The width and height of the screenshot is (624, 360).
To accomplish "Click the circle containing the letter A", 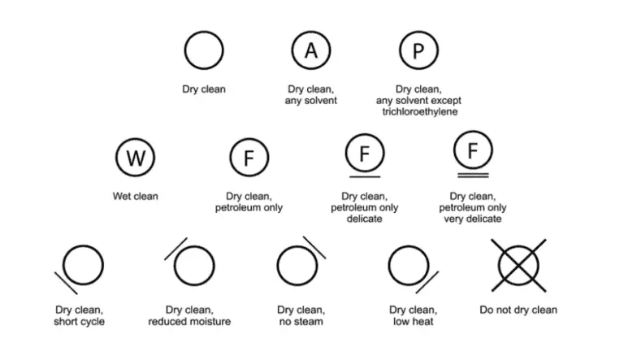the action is point(292,50).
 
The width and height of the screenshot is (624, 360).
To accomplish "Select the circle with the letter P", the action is point(400,50).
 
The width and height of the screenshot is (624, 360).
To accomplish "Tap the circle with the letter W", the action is point(116,158).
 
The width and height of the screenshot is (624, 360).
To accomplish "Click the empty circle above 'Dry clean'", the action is point(184,50).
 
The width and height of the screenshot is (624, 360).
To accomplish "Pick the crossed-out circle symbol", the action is point(518,265).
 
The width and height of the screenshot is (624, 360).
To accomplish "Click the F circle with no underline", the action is point(230,158).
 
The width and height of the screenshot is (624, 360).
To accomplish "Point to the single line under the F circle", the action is point(365,176).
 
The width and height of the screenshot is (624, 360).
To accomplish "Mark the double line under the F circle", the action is point(473,176).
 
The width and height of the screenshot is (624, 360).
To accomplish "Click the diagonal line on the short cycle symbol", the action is point(66,283).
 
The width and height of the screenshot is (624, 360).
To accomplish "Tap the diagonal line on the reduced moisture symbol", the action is point(175,249).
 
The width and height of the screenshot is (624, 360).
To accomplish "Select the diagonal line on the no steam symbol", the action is point(314,248).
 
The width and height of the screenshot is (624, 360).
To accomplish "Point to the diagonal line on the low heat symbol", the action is point(427,282).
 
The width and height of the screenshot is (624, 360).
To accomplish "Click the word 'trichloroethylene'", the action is point(420,111).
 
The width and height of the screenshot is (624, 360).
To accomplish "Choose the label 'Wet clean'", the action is point(136,197).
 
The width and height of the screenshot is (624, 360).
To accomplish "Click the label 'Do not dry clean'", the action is point(518,310).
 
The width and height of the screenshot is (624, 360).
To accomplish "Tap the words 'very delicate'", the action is point(473,219).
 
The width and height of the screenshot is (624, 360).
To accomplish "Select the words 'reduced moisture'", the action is point(189,321).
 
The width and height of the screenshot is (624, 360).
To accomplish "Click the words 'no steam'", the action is point(301,321).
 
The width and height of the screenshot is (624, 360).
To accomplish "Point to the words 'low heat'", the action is point(413,321).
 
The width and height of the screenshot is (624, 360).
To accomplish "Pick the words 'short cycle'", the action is point(79,321).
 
